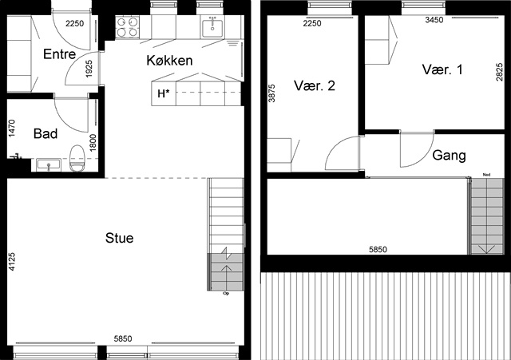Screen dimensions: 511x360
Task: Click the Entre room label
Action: click(59, 54)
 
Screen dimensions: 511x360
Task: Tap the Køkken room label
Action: click(169, 61)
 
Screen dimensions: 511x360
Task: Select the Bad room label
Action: click(46, 133)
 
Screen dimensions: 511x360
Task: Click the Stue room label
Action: click(119, 238)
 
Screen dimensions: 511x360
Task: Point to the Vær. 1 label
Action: click(442, 69)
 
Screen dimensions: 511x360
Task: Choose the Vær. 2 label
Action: click(314, 85)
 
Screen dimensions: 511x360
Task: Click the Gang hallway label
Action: click(449, 155)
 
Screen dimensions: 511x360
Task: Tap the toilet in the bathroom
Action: click(77, 158)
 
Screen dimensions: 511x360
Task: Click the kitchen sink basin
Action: click(212, 29)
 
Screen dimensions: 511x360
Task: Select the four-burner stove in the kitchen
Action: click(128, 26)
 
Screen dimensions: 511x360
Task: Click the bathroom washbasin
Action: click(49, 164)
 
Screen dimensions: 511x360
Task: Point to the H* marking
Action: click(164, 94)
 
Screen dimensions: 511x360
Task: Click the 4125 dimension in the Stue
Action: click(12, 262)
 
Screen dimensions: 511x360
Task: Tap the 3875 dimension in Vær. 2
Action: click(271, 93)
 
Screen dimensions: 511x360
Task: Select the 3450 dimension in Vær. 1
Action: click(434, 20)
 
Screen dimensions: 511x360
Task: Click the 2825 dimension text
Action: click(499, 72)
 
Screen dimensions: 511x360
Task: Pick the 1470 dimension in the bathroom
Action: click(12, 129)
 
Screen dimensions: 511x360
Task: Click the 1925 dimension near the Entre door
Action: click(89, 69)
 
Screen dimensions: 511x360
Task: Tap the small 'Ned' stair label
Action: click(486, 175)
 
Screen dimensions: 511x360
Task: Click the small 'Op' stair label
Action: click(226, 294)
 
